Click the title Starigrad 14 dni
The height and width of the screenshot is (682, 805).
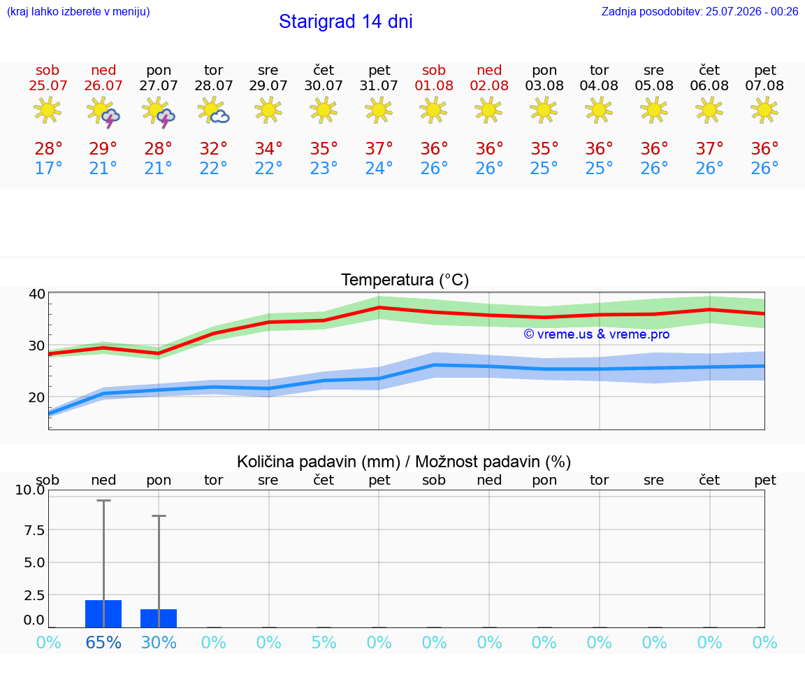coord(345,22)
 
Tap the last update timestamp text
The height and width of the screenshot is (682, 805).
coord(699,11)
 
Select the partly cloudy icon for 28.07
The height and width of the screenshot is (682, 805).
coord(213,111)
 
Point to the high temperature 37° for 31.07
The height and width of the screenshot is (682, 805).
coord(379,148)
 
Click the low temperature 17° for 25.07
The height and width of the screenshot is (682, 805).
coord(48,168)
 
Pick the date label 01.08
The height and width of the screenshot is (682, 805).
coord(434,86)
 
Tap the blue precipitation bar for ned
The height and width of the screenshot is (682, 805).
coord(103,613)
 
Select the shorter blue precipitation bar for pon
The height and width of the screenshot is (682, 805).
coord(159,618)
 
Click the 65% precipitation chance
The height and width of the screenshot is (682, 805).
coord(103,642)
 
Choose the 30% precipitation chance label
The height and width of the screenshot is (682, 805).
coord(159,642)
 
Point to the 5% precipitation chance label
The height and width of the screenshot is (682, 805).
coord(324,642)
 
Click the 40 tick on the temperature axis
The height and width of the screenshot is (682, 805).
coord(37,294)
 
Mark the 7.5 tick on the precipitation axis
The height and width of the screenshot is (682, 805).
coord(34,530)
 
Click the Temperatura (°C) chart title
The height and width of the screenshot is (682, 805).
coord(405,280)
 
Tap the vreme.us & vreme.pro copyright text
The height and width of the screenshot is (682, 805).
coord(597,334)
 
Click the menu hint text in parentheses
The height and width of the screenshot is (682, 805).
coord(78,11)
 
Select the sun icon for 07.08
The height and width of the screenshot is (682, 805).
coord(764,110)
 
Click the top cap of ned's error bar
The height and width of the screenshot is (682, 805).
coord(103,501)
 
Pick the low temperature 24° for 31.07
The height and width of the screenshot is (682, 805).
coord(379,168)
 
